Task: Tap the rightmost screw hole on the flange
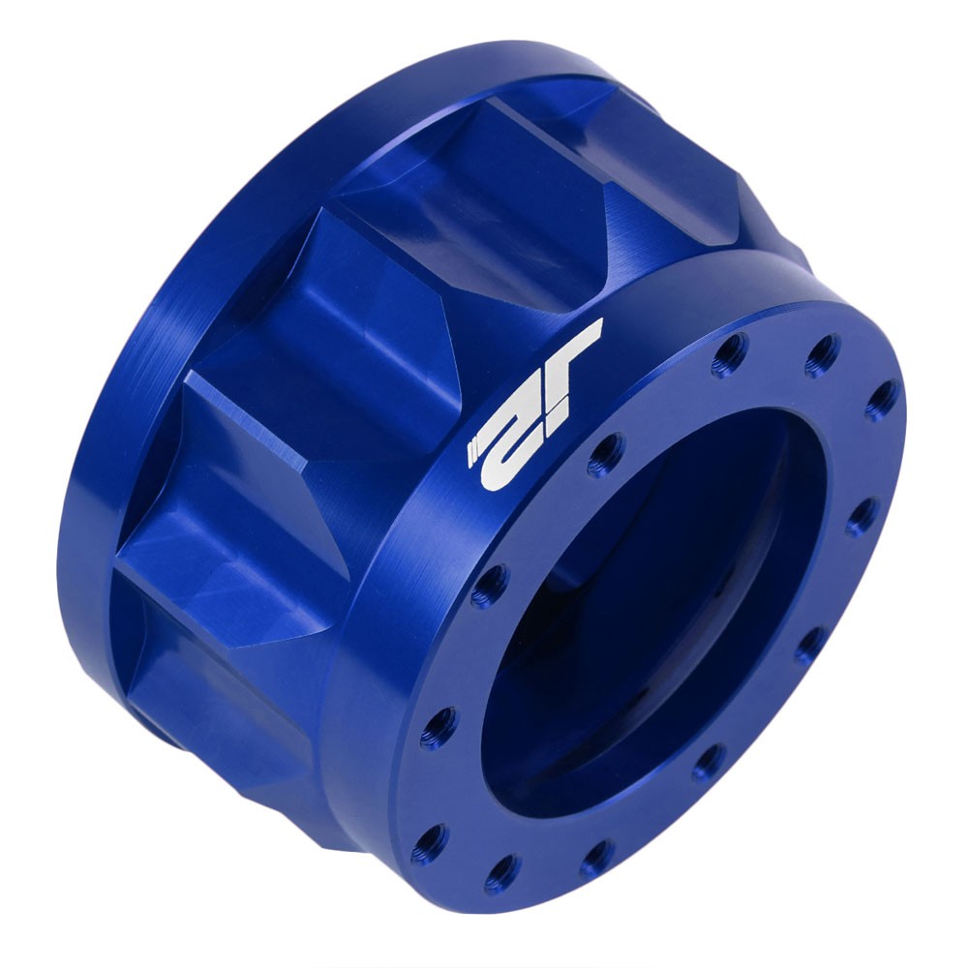click(881, 399)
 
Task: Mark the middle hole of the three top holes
click(822, 355)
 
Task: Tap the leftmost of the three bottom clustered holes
click(429, 844)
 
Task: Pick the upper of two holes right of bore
click(861, 517)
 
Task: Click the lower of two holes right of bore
click(810, 645)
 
